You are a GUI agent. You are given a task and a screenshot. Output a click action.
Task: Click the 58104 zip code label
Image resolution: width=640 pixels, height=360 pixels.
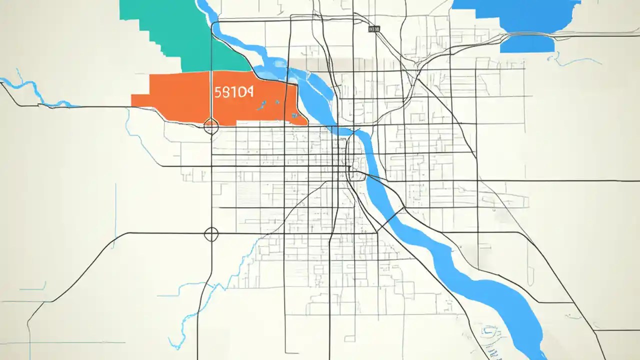[x=233, y=92]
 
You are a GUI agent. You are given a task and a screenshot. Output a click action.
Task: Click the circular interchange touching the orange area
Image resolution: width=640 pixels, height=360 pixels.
[x=211, y=126]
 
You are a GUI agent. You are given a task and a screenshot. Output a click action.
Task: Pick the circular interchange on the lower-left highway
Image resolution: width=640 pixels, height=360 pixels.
[x=211, y=233]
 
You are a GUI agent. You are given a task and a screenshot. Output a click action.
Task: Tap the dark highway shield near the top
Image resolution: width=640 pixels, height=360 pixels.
[x=373, y=29]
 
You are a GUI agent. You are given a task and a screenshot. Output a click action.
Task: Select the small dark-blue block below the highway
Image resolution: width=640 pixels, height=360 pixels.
[x=527, y=44]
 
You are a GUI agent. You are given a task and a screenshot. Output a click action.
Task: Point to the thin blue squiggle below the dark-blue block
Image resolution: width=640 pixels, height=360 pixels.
[x=575, y=61]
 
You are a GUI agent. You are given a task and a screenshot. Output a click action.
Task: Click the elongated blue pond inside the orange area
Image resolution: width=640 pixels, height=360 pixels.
[x=261, y=105]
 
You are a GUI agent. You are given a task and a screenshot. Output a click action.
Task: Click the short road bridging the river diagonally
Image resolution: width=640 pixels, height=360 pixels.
[x=390, y=220]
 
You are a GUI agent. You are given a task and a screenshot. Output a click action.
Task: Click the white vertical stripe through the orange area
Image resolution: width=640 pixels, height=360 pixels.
[x=211, y=95]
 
